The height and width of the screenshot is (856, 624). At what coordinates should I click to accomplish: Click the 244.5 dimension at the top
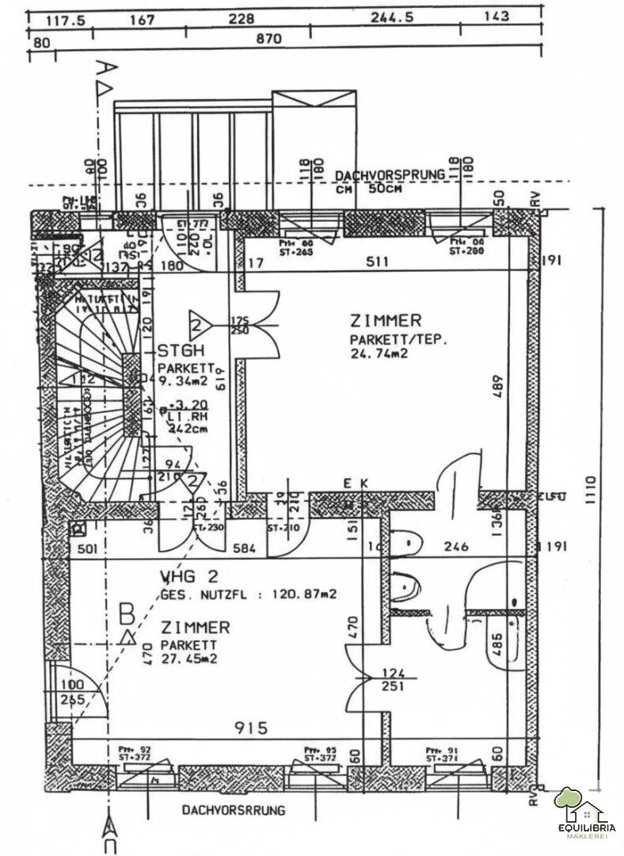pos(392,19)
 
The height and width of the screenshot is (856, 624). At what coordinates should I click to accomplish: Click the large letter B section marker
pos(125,613)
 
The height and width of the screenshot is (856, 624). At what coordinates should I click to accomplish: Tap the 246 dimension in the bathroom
pos(457,546)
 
